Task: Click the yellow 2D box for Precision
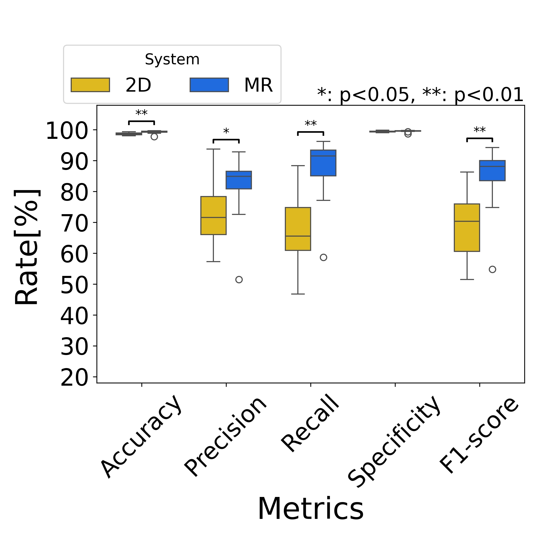213,216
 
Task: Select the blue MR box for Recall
323,163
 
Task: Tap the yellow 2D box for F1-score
467,227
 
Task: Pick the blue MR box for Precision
239,180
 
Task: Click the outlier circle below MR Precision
239,279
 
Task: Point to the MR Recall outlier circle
323,257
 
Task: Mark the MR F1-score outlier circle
492,269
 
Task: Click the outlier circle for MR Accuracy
154,137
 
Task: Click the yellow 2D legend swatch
90,85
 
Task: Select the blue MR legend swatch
209,85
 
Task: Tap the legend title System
172,59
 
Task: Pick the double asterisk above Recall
310,124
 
